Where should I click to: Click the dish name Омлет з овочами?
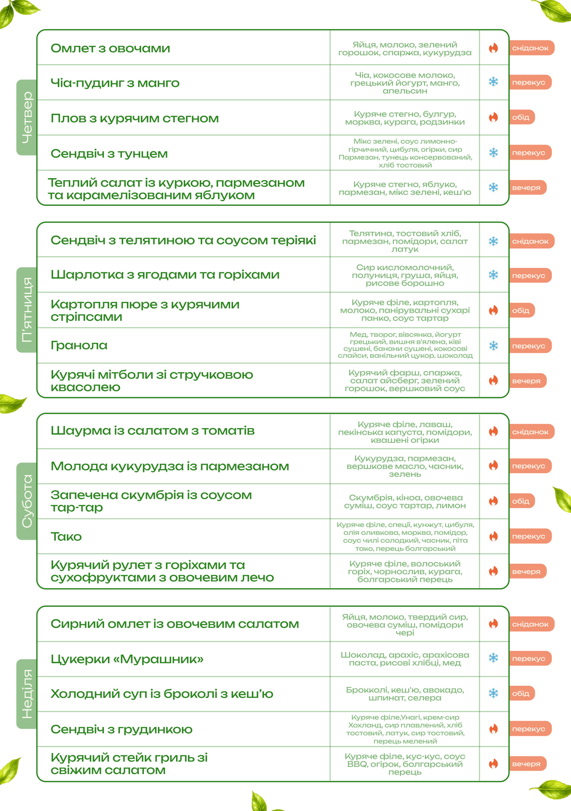click(x=110, y=48)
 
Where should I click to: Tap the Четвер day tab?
click(x=27, y=117)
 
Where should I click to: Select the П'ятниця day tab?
click(x=27, y=310)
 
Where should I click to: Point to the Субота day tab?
click(x=27, y=501)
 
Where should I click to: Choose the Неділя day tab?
click(x=27, y=694)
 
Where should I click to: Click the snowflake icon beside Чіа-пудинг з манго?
click(x=493, y=82)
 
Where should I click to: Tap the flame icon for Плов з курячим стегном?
click(x=493, y=117)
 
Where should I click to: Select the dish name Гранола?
click(x=79, y=345)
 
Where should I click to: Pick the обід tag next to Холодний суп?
click(x=522, y=693)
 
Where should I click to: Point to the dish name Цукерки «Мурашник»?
click(x=127, y=659)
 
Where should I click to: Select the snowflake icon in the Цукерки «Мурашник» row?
click(x=493, y=658)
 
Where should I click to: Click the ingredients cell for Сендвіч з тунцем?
click(x=405, y=153)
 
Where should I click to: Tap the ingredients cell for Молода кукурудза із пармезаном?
click(x=405, y=466)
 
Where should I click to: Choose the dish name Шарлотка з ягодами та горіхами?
click(x=165, y=274)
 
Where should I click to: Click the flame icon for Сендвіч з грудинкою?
click(x=493, y=729)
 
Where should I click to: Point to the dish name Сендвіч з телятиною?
click(x=183, y=240)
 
